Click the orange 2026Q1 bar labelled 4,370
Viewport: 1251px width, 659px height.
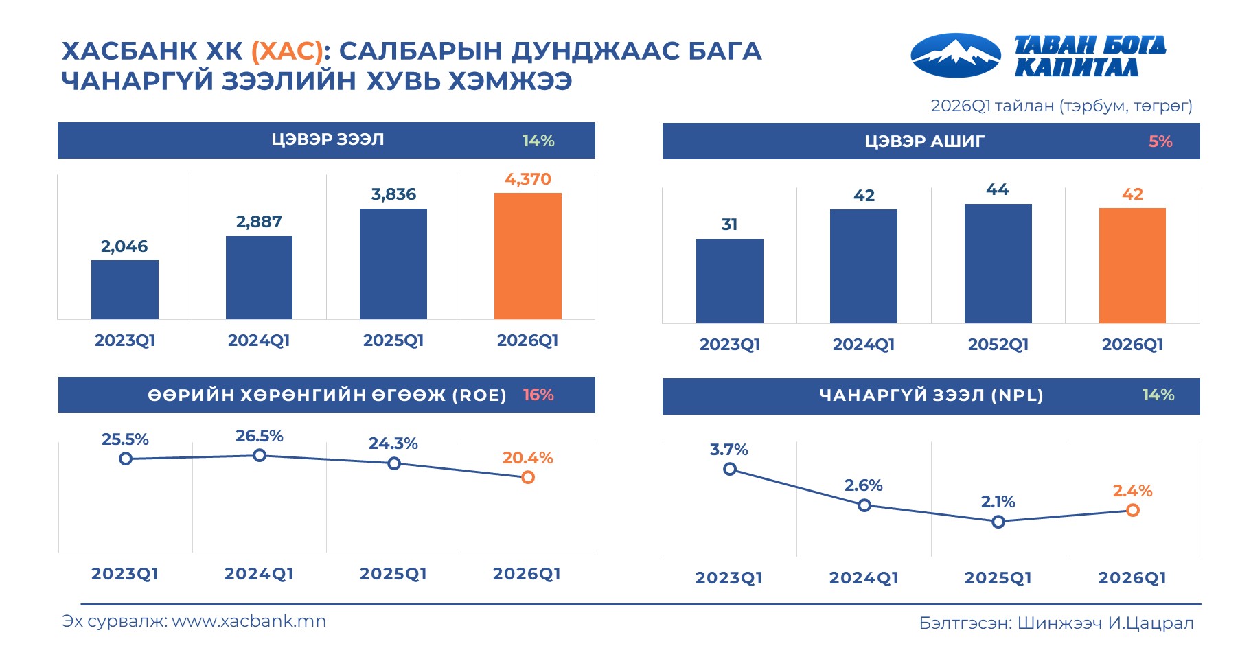click(x=527, y=255)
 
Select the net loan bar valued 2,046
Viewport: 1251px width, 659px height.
click(x=124, y=289)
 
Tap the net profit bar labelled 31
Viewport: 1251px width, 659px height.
click(x=729, y=281)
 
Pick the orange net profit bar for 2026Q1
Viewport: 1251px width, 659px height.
click(x=1132, y=265)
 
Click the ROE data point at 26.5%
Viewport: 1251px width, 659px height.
click(x=260, y=455)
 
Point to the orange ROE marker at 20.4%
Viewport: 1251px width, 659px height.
click(x=527, y=477)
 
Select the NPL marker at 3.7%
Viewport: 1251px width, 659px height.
click(x=730, y=469)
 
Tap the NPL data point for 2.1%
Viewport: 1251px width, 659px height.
click(x=998, y=522)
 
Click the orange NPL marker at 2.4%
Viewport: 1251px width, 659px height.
click(x=1133, y=510)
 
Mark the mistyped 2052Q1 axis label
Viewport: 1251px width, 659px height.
click(x=998, y=345)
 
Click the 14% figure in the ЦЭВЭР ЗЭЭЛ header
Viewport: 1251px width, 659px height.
click(x=538, y=141)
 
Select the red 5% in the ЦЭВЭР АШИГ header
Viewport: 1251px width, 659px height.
click(x=1160, y=141)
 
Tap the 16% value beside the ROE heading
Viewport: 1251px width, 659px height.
click(x=538, y=395)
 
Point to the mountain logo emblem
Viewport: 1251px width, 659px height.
click(x=955, y=56)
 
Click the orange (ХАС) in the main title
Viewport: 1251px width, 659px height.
click(x=287, y=51)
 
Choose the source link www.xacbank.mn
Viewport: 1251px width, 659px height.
click(x=249, y=621)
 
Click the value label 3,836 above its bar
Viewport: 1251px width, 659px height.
click(x=393, y=194)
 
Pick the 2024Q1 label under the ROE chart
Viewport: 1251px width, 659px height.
click(x=259, y=574)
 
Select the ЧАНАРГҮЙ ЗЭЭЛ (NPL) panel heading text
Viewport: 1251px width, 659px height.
click(x=931, y=395)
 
